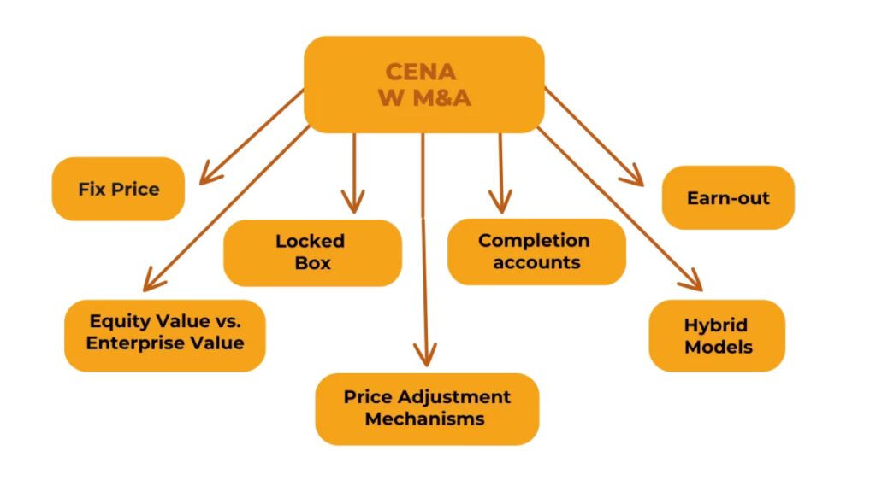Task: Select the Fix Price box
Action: click(x=119, y=189)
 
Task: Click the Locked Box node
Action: click(x=312, y=252)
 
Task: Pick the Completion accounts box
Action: click(x=536, y=251)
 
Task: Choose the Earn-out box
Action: click(x=728, y=198)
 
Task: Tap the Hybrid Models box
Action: click(x=717, y=336)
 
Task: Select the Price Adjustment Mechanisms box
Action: click(x=427, y=408)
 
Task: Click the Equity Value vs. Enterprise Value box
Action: click(x=165, y=332)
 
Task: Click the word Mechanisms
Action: click(x=424, y=419)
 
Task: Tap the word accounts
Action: click(x=536, y=262)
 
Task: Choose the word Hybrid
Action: click(x=715, y=325)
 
